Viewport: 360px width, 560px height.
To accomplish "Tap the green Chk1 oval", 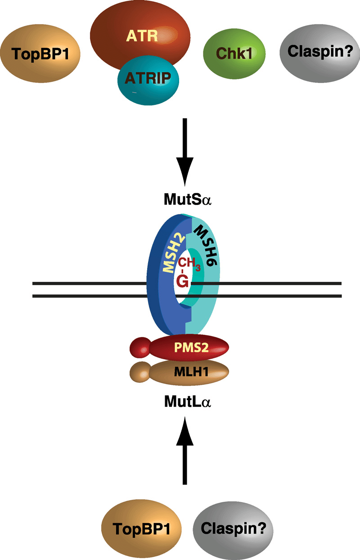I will (234, 54).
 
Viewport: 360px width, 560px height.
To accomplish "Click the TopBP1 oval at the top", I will (40, 54).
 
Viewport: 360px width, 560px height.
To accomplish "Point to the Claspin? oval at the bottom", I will (234, 528).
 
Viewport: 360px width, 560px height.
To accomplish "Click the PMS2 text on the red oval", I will (188, 348).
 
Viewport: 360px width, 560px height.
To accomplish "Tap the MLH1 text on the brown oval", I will (188, 371).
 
